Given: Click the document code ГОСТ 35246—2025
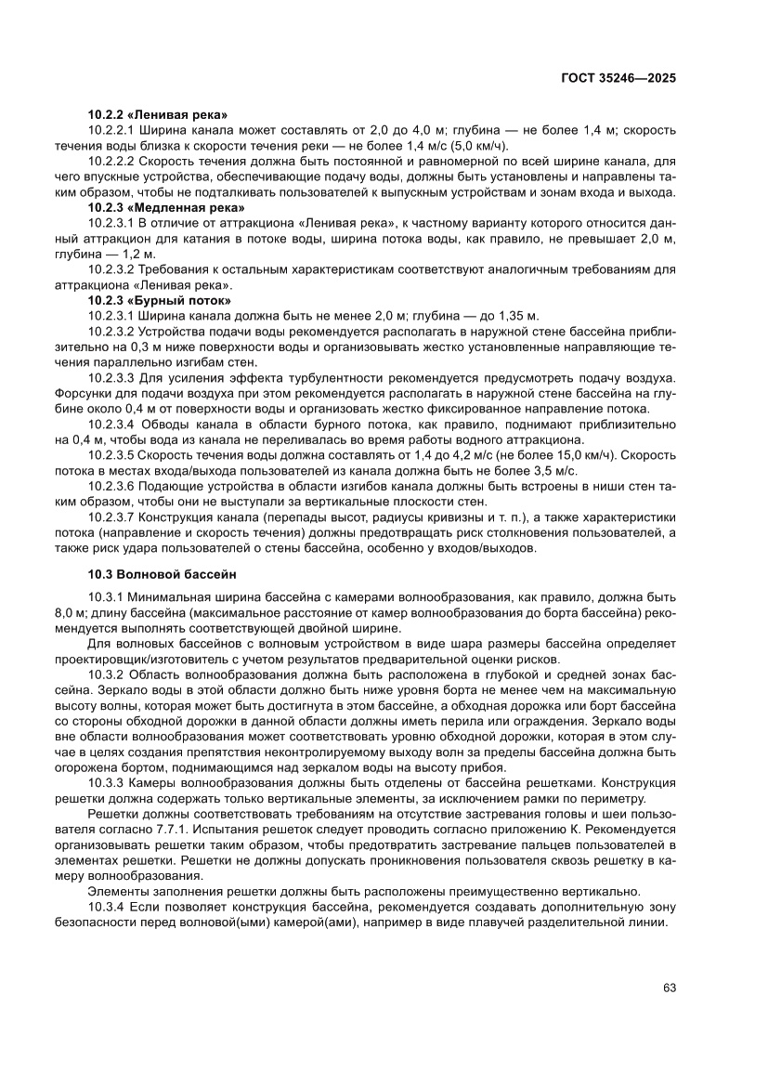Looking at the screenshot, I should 618,79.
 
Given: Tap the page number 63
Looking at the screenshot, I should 669,988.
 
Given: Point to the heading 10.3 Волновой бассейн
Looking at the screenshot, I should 163,574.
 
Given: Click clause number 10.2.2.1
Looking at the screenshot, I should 112,130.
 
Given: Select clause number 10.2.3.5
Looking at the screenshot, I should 112,455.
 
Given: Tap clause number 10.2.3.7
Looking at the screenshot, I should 112,517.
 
